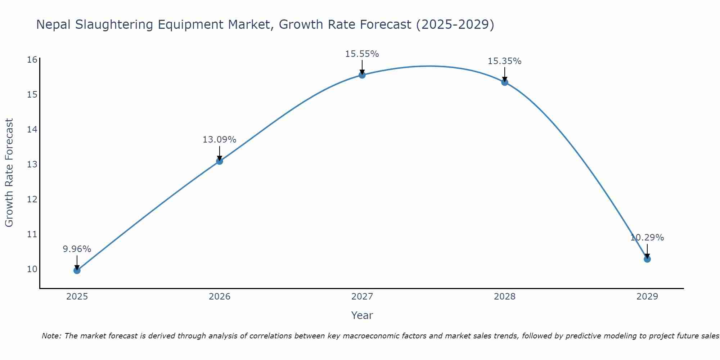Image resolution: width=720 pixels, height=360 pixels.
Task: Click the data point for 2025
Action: click(77, 270)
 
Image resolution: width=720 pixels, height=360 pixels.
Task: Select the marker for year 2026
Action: click(220, 161)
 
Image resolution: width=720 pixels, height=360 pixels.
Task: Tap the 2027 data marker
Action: click(362, 75)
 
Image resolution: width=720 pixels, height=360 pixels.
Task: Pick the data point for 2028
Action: click(505, 82)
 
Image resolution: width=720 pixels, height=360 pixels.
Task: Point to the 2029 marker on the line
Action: click(647, 259)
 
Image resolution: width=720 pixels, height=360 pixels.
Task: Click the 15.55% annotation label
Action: click(362, 54)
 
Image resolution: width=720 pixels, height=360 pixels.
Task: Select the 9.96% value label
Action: click(77, 249)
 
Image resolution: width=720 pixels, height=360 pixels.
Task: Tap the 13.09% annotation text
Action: click(219, 140)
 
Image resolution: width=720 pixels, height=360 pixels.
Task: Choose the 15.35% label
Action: click(504, 61)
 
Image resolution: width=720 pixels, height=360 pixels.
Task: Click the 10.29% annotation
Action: click(647, 238)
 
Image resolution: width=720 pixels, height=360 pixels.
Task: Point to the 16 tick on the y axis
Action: click(32, 60)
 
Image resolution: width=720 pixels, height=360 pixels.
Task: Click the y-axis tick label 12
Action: click(32, 199)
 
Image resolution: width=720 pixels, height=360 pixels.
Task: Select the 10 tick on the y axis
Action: click(32, 269)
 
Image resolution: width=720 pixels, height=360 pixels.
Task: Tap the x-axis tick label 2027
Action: click(362, 297)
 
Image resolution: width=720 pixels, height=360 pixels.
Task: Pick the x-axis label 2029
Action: click(647, 297)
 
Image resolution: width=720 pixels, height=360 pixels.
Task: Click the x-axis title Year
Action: click(362, 315)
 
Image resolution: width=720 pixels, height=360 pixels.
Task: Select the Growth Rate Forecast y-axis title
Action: click(9, 172)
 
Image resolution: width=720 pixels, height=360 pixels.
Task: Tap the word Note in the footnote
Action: click(51, 336)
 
